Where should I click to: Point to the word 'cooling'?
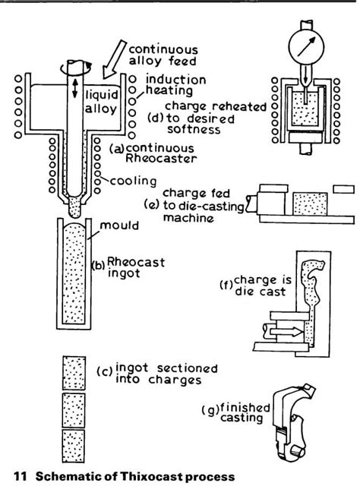tap(133, 181)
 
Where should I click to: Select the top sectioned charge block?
tap(74, 372)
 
